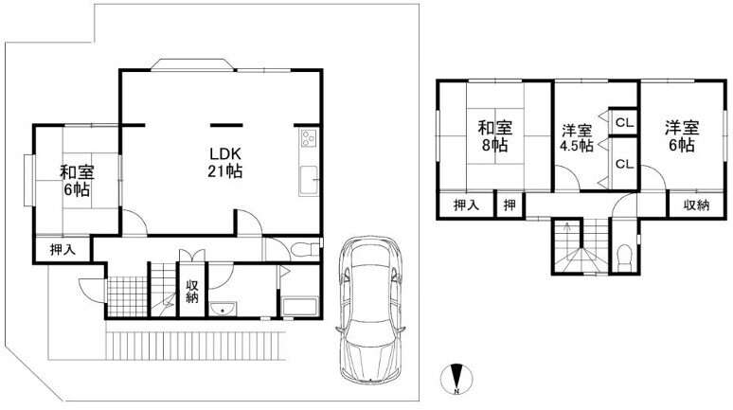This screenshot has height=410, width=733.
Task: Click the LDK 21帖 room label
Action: click(x=224, y=162)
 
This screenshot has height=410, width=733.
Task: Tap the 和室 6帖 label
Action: click(x=77, y=181)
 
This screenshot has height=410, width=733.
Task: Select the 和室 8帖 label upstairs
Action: click(x=495, y=136)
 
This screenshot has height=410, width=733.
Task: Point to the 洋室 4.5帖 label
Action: click(x=577, y=138)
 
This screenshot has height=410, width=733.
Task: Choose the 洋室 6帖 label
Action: click(x=682, y=136)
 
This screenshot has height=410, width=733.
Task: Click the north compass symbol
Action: click(x=456, y=378)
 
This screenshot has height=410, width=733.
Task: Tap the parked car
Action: click(x=369, y=309)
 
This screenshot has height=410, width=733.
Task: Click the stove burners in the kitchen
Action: click(x=309, y=137)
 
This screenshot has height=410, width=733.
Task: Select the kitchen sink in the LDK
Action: click(x=309, y=181)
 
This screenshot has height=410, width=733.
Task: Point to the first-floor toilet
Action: click(x=304, y=251)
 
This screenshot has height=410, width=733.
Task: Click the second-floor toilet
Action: click(x=624, y=258)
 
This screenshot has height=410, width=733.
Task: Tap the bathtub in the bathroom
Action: click(x=299, y=306)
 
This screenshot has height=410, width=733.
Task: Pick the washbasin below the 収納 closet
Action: click(x=223, y=309)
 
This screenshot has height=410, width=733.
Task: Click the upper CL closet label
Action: click(x=624, y=123)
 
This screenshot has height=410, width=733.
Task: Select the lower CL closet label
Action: click(x=624, y=164)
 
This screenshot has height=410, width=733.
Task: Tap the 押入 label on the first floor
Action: click(x=63, y=250)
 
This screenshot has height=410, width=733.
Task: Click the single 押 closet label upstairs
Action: click(x=510, y=205)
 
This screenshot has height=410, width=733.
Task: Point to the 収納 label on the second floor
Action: click(x=696, y=205)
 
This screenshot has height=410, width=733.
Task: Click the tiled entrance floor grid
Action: click(x=127, y=296)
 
